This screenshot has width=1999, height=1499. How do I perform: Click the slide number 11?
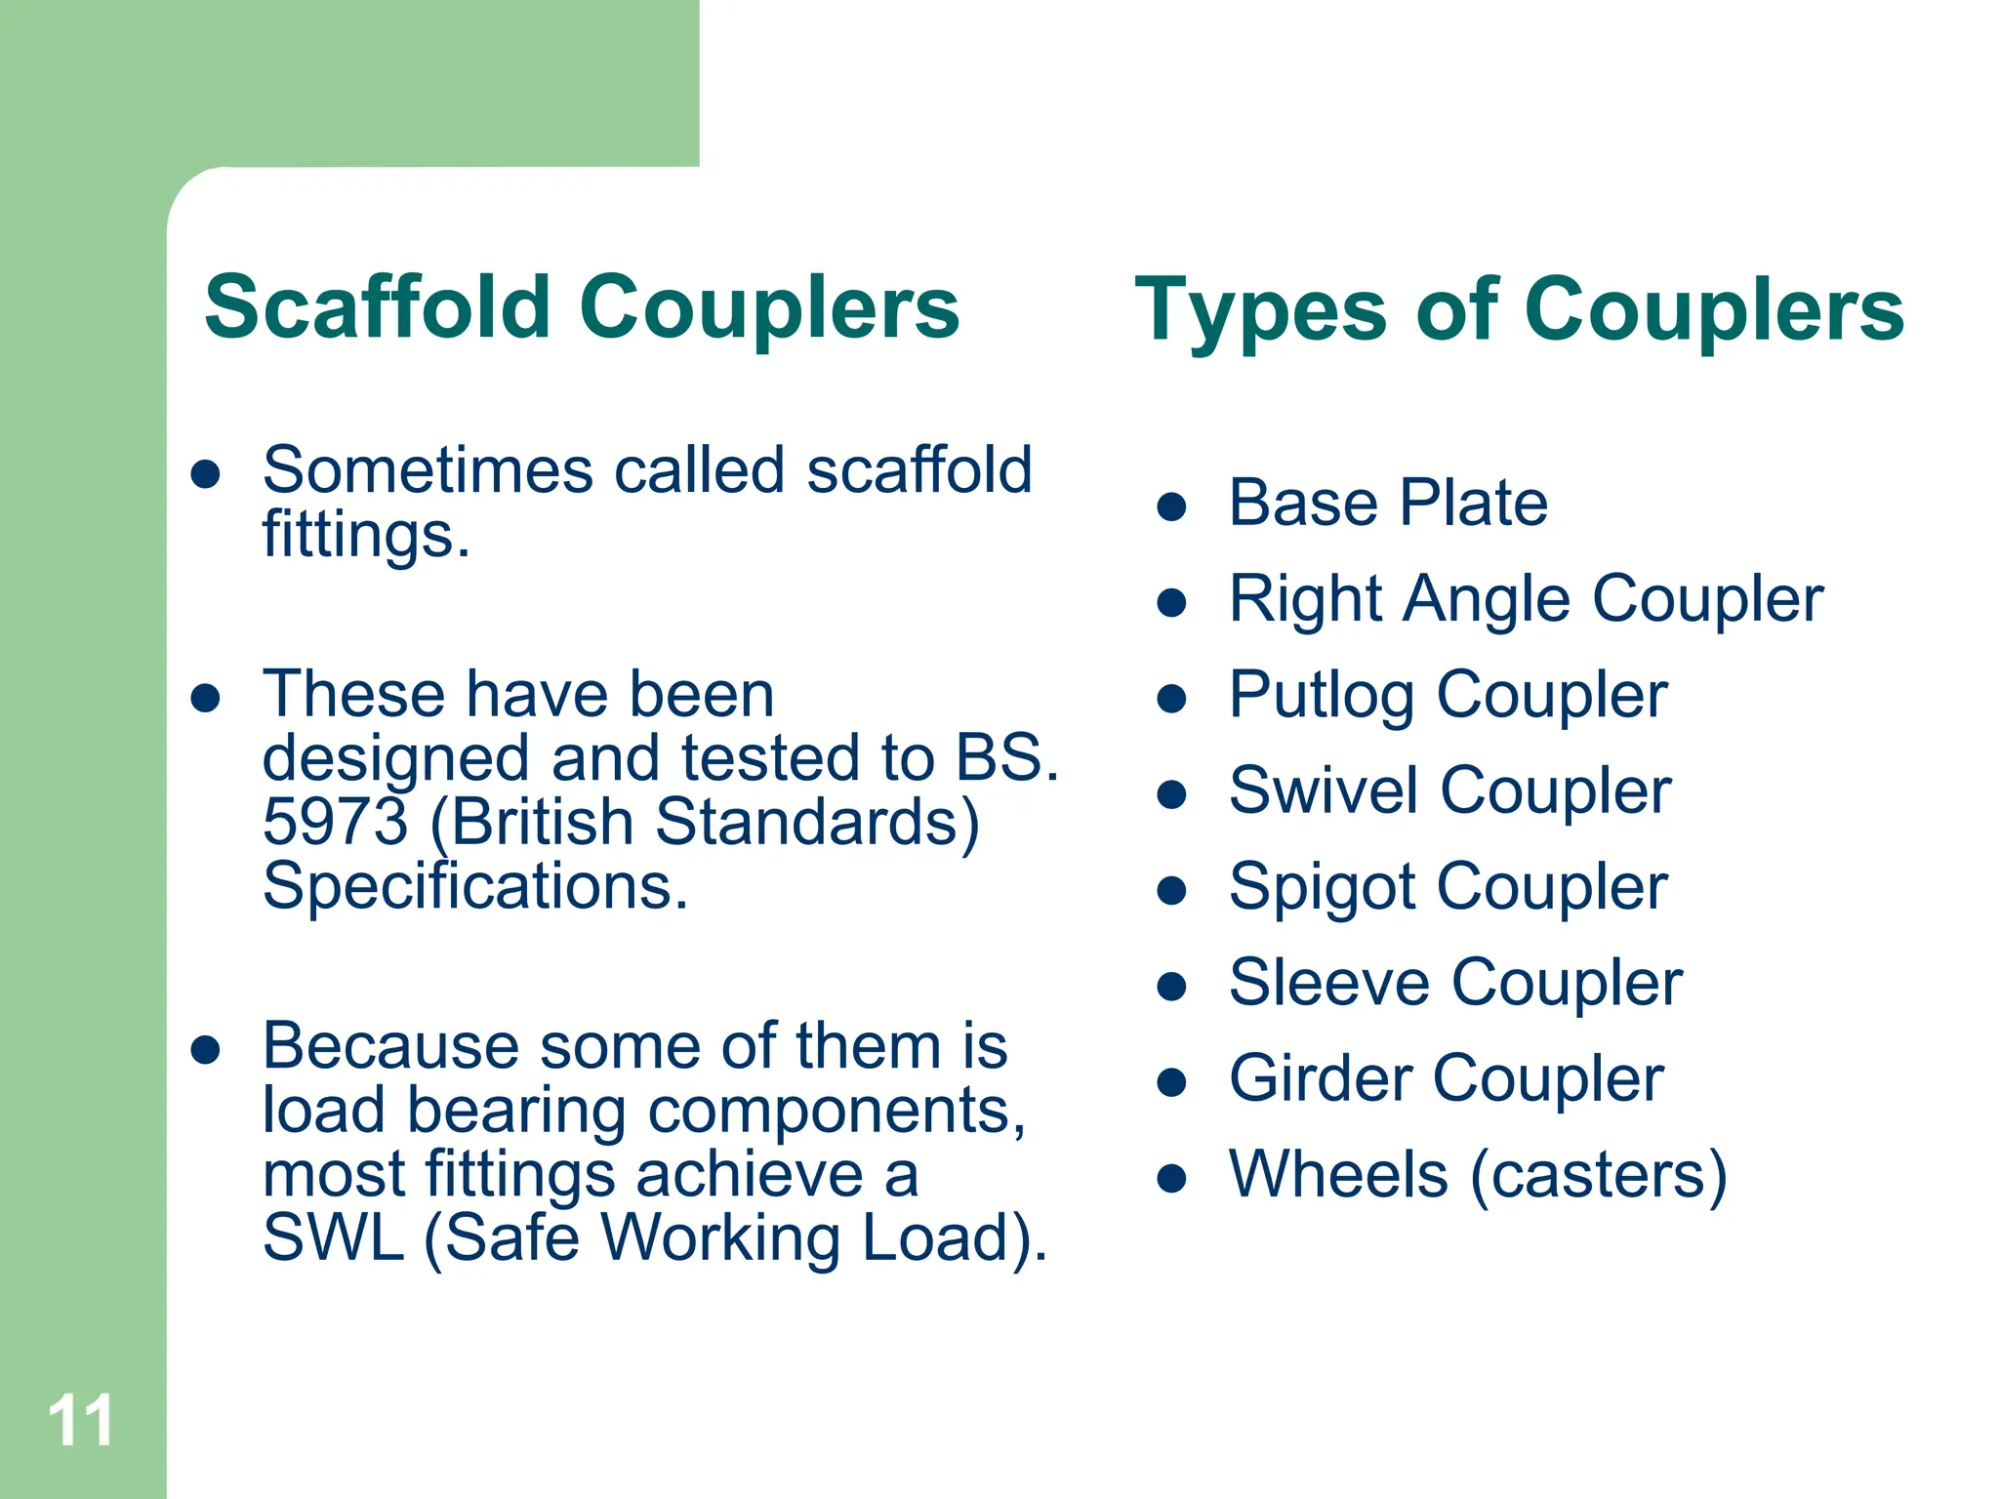coord(80,1421)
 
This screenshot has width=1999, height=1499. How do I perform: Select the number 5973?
coord(335,822)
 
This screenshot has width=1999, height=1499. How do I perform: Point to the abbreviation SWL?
coord(333,1237)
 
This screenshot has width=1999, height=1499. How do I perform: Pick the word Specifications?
coord(474,886)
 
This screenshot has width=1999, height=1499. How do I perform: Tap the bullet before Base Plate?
coord(1170,506)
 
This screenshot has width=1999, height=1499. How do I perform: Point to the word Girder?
coord(1321,1078)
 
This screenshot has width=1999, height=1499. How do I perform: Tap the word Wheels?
coord(1338,1174)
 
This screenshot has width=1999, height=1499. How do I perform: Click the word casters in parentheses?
coord(1598,1174)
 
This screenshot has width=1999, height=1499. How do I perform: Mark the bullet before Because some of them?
coord(205,1050)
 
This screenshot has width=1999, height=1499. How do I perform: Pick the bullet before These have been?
coord(205,698)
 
